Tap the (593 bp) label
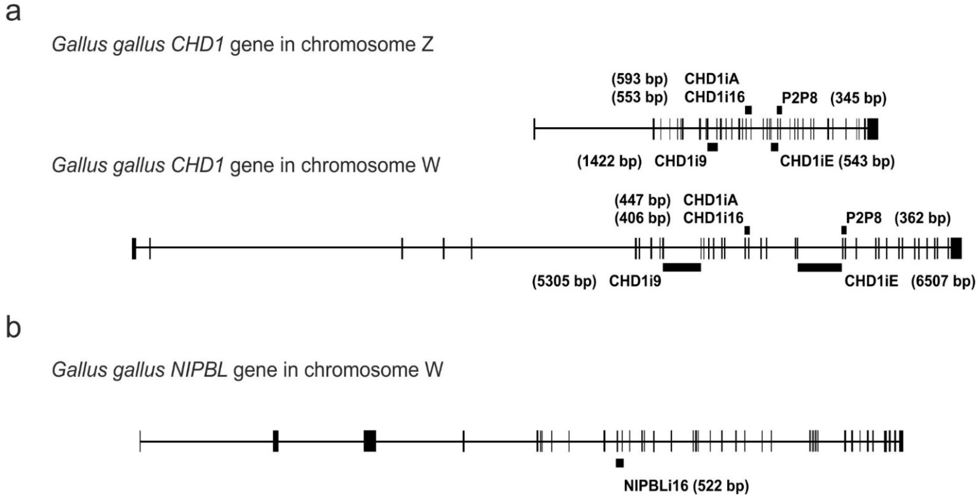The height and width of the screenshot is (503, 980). point(640,79)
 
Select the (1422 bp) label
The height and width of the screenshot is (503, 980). point(609,161)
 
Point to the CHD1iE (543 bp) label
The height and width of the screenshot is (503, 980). point(837,161)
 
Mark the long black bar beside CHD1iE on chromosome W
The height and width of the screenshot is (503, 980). point(819,268)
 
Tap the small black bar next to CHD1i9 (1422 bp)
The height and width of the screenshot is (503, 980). point(712,147)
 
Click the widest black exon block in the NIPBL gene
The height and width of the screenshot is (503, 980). point(370,441)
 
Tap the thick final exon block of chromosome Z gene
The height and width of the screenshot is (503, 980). point(873,129)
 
